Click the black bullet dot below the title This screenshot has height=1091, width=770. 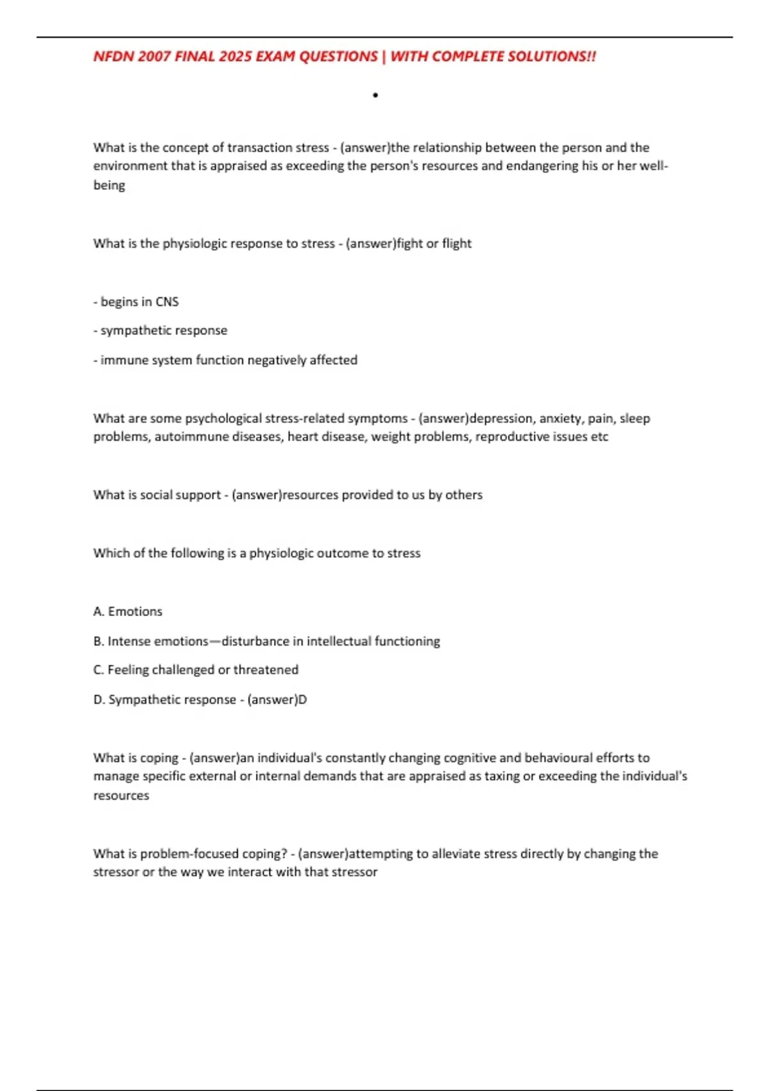(375, 96)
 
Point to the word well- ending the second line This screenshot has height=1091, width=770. (654, 166)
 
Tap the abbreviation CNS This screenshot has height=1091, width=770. (167, 302)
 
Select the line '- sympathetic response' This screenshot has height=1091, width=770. (160, 331)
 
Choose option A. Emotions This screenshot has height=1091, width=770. (128, 612)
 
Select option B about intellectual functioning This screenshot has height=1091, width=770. (266, 641)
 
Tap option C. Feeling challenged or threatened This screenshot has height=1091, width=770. (196, 670)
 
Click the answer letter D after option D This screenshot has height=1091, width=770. (303, 700)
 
